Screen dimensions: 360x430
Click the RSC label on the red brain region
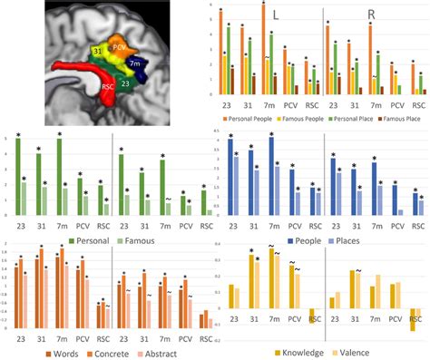tap(107, 88)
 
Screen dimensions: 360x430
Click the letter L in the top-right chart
tap(276, 15)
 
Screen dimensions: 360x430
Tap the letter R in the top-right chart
tap(372, 15)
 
